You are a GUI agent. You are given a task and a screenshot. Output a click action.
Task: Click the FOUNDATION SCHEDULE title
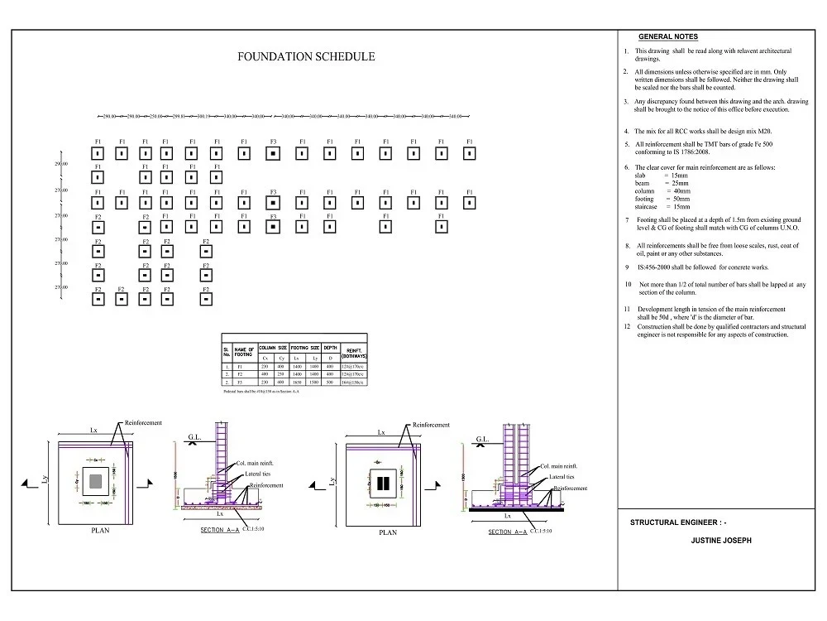[306, 57]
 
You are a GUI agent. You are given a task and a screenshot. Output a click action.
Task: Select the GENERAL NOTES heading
[668, 37]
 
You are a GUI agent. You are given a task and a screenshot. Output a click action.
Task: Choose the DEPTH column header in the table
[329, 348]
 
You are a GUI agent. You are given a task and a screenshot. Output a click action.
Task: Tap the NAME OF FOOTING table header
[245, 351]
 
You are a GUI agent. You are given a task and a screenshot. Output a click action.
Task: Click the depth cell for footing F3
[329, 383]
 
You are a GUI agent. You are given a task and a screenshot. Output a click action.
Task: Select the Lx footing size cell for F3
[297, 383]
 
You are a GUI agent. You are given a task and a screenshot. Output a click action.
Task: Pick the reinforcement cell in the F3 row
[354, 383]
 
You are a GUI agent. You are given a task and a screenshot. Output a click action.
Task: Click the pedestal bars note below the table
[261, 392]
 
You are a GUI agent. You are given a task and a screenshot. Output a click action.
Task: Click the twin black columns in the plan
[381, 483]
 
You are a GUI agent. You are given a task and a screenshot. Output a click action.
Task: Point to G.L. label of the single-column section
[195, 436]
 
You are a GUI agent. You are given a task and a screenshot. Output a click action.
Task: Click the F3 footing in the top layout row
[272, 153]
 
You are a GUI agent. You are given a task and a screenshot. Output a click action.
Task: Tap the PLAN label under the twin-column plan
[387, 532]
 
